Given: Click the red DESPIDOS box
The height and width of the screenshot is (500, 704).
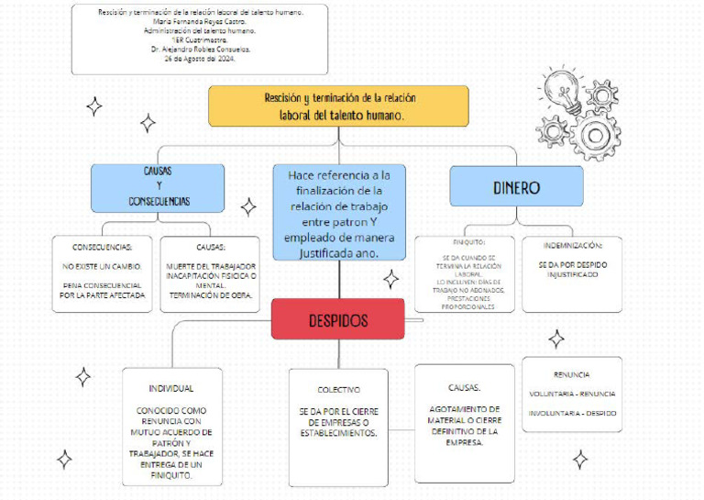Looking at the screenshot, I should pyautogui.click(x=337, y=321).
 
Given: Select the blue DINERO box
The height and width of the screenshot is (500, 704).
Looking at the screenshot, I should pyautogui.click(x=516, y=188).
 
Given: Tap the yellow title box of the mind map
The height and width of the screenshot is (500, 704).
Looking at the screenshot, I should pyautogui.click(x=338, y=106).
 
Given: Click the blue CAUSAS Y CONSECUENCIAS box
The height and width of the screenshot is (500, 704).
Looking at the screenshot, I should pyautogui.click(x=158, y=186).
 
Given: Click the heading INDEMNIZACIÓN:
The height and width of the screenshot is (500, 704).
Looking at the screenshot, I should pyautogui.click(x=572, y=246).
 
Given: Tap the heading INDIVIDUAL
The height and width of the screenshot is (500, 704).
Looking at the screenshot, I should pyautogui.click(x=171, y=388).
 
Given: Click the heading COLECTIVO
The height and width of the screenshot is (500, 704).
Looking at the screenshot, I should pyautogui.click(x=338, y=389).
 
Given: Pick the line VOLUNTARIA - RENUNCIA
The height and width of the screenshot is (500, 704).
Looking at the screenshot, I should pyautogui.click(x=572, y=394).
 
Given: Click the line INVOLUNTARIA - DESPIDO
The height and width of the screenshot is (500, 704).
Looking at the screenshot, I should pyautogui.click(x=572, y=413).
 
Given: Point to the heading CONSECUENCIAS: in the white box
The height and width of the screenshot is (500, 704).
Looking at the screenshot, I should pyautogui.click(x=102, y=247).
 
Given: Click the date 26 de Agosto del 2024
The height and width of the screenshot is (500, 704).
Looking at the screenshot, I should pyautogui.click(x=200, y=58).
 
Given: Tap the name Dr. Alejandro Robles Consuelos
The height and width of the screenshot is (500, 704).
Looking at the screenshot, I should pyautogui.click(x=200, y=49).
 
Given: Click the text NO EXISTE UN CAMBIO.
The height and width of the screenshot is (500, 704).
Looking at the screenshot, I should pyautogui.click(x=102, y=266).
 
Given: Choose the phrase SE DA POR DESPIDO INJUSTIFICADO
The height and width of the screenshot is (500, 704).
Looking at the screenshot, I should pyautogui.click(x=572, y=269).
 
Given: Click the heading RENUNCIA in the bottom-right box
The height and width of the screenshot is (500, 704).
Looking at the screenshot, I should pyautogui.click(x=572, y=374).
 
